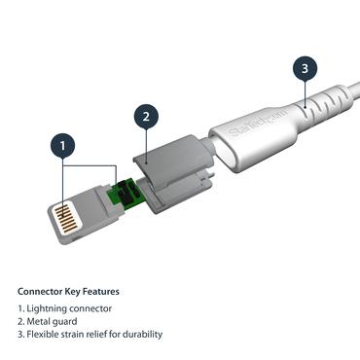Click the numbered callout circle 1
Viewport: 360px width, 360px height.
tap(62, 148)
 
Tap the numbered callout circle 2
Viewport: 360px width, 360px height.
tap(145, 117)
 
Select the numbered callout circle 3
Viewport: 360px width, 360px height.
tap(305, 69)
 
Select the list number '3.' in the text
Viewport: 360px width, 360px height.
tap(21, 334)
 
